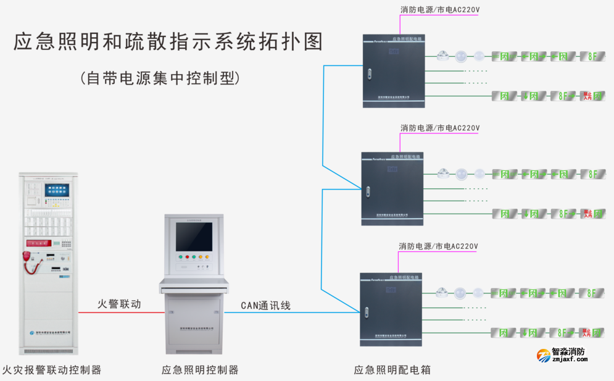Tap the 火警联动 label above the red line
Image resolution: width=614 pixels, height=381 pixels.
click(x=119, y=304)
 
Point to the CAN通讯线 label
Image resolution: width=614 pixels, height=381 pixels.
click(x=265, y=305)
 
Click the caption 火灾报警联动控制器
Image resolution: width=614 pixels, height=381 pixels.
click(x=52, y=370)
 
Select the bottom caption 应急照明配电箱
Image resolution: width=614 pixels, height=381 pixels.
click(x=392, y=370)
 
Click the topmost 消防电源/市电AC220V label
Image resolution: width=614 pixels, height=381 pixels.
click(x=440, y=9)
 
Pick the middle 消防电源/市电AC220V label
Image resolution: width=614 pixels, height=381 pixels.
click(x=440, y=128)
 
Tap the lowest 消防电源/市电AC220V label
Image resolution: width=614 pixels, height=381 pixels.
click(x=438, y=246)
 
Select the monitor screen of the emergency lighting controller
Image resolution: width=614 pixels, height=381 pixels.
click(x=194, y=237)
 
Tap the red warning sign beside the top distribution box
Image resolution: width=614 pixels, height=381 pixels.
click(x=587, y=96)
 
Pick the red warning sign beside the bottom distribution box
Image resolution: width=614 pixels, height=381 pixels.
click(x=587, y=333)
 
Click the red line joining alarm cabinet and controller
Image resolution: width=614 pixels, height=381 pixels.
click(x=120, y=312)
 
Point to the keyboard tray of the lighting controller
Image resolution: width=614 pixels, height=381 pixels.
click(x=194, y=285)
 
